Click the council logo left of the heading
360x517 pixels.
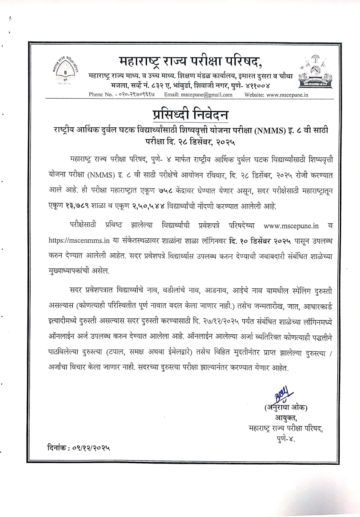65,69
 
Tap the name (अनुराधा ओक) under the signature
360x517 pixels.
285,407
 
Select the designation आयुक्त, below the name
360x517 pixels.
286,418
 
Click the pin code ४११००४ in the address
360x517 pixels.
256,86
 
